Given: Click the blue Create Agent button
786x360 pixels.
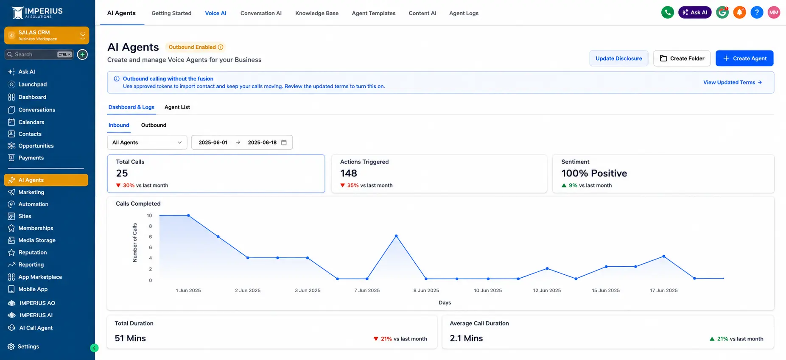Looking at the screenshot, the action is point(744,59).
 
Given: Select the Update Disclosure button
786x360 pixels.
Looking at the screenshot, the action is point(618,59).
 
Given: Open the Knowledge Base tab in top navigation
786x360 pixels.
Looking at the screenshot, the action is point(317,13).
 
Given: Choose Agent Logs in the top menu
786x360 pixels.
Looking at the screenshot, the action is point(464,13).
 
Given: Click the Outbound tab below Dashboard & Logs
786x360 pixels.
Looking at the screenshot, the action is point(154,125).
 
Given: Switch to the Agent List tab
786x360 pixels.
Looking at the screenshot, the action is point(177,107).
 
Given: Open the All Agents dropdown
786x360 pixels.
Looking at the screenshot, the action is point(147,142).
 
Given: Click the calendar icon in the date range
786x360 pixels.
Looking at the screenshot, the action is point(284,142).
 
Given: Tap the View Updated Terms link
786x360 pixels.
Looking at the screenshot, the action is point(733,82).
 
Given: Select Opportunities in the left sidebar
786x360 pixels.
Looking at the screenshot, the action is point(36,146).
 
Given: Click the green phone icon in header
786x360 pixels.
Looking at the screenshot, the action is point(668,12).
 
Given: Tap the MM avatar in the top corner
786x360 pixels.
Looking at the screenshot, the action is point(774,12).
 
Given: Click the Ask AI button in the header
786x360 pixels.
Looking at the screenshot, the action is point(695,12).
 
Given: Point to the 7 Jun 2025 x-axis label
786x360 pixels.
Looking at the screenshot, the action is point(367,290).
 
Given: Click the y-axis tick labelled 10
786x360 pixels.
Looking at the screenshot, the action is point(149,215).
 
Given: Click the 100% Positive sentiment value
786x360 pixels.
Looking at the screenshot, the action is point(594,173).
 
